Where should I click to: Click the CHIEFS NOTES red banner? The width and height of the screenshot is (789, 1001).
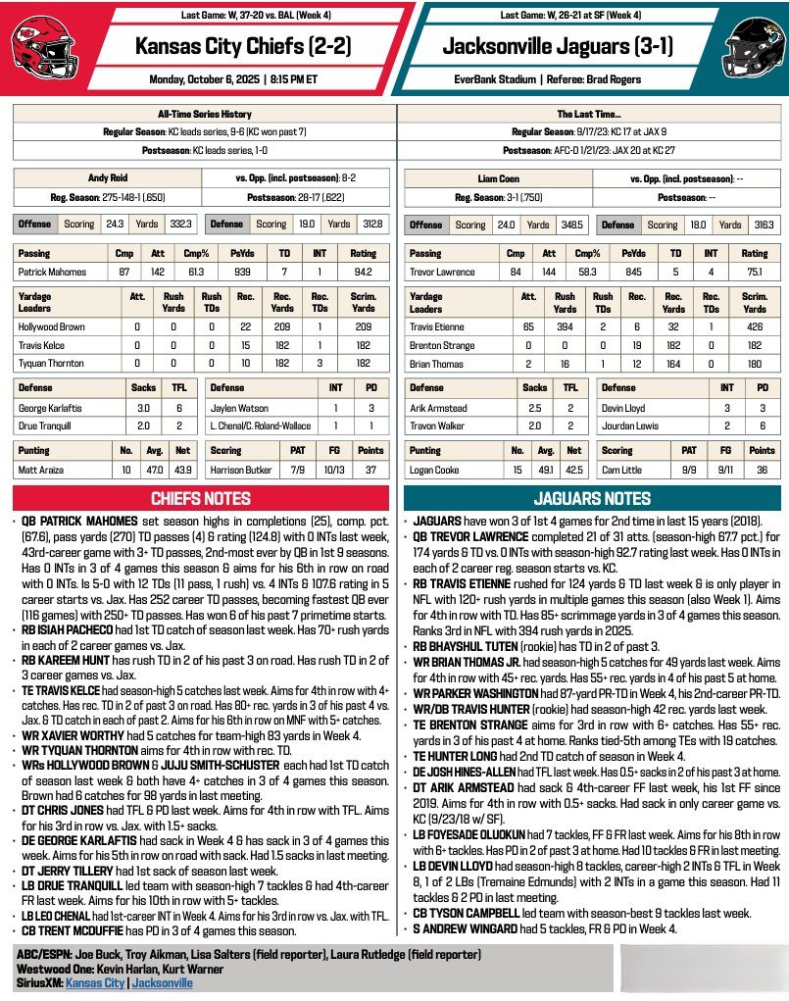pos(198,498)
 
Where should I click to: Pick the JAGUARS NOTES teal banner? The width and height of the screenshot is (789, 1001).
pos(592,498)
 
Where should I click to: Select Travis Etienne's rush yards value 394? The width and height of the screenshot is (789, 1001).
pos(565,326)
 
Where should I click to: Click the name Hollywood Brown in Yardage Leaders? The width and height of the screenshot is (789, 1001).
pos(51,326)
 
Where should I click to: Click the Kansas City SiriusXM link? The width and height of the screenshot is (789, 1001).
pos(95,981)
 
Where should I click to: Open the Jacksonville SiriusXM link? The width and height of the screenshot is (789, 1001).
pos(162,981)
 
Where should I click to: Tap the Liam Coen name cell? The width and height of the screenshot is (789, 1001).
pos(498,179)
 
